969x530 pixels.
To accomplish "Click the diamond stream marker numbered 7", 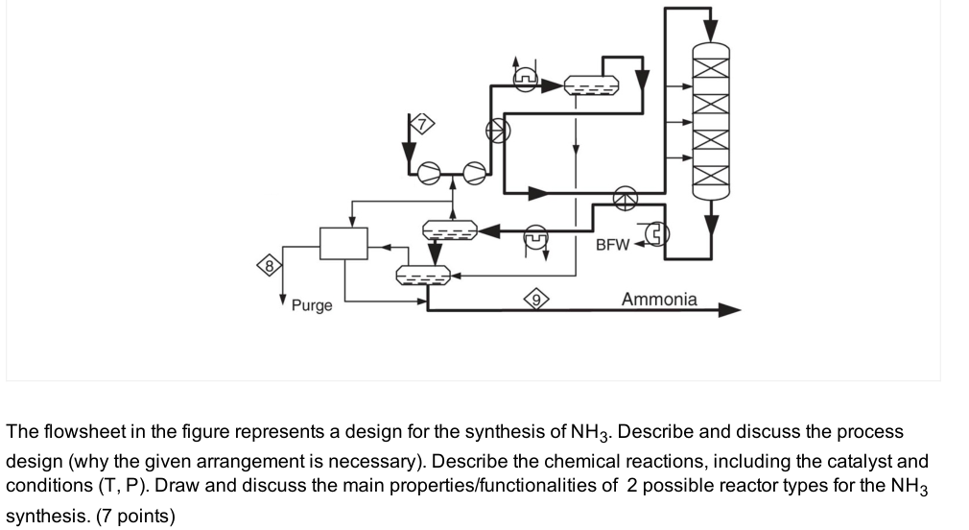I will pos(422,122).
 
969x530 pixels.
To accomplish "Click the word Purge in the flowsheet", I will pos(312,305).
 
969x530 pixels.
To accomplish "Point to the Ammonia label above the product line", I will pos(659,300).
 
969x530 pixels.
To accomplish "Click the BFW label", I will pos(612,244).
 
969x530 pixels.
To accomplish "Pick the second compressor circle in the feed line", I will pos(475,173).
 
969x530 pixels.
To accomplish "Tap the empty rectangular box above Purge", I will pos(343,243).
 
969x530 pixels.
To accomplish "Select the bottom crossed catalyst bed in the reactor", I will pos(710,171).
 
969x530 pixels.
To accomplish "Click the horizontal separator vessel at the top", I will pos(591,86).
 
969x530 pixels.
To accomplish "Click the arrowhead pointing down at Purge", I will pos(284,299).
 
